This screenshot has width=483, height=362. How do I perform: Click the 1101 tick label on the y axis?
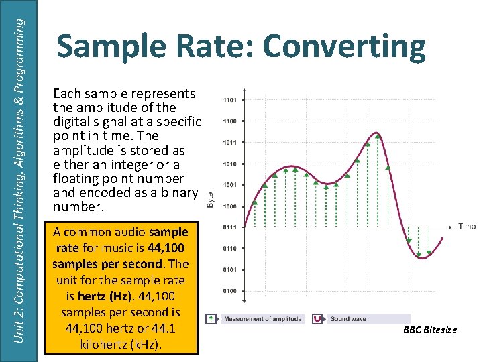(231, 100)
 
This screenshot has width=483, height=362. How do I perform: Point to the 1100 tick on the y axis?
(231, 121)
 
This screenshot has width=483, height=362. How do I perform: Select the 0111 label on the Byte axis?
(231, 227)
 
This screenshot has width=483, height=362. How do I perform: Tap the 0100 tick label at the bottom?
(231, 291)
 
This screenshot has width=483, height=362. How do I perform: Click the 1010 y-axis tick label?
(231, 164)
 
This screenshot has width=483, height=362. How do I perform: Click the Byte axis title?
(210, 199)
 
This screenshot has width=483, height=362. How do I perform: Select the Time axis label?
(467, 227)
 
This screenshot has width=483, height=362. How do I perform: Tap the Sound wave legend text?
(347, 319)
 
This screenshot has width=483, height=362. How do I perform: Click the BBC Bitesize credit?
(430, 330)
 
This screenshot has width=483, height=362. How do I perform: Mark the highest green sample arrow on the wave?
(378, 136)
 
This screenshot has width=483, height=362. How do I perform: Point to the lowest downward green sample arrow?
(420, 254)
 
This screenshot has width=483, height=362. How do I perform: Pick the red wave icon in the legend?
(316, 319)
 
